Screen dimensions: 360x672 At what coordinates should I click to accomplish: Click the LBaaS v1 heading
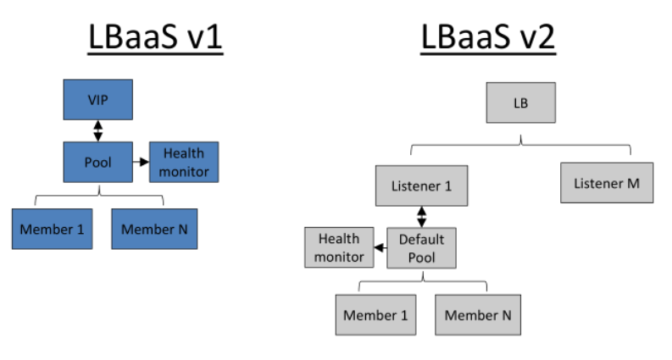coord(155,38)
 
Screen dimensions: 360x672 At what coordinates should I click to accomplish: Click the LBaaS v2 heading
coord(487,38)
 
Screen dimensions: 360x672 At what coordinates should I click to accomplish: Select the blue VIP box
coord(97,100)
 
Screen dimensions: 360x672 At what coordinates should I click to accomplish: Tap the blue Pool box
coord(97,161)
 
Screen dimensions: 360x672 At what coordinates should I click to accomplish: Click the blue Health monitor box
coord(184,161)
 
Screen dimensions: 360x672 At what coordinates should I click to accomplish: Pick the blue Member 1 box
coord(52,229)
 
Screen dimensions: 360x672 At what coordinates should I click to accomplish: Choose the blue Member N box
coord(154,229)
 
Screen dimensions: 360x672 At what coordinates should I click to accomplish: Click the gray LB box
coord(520,103)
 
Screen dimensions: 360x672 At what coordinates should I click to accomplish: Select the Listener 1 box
coord(421,186)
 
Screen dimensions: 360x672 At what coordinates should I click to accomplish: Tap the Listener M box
coord(607,183)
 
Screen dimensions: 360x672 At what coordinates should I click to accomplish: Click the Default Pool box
coord(421,247)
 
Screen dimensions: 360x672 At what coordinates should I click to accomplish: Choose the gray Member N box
coord(478,315)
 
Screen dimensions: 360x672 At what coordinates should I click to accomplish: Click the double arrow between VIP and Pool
coord(98,130)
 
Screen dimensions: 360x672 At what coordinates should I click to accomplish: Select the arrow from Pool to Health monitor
coord(141,160)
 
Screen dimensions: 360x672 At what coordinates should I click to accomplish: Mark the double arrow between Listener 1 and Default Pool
coord(421,216)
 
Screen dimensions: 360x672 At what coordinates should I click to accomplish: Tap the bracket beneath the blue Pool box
coord(98,197)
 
